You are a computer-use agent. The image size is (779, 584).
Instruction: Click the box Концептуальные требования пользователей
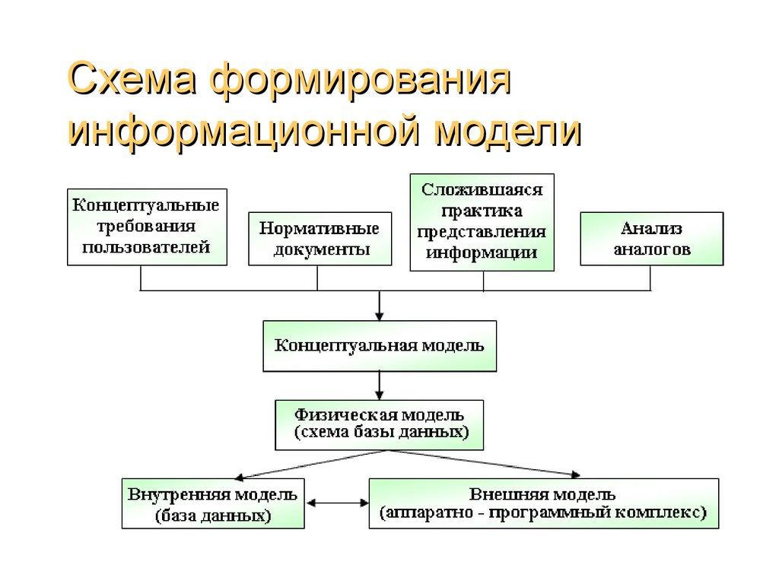pyautogui.click(x=146, y=227)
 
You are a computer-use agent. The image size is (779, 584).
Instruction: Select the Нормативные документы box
pyautogui.click(x=320, y=239)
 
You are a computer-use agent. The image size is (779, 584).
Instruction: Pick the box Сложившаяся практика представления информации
pyautogui.click(x=482, y=221)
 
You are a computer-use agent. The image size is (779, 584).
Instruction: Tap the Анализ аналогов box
pyautogui.click(x=651, y=239)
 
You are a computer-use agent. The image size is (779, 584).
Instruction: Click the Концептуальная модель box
pyautogui.click(x=379, y=345)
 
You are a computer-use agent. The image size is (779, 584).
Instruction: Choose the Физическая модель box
pyautogui.click(x=379, y=424)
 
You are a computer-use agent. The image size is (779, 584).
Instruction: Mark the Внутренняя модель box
pyautogui.click(x=213, y=503)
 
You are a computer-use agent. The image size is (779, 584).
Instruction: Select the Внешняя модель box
pyautogui.click(x=542, y=503)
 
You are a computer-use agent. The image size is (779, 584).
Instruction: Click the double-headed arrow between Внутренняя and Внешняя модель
pyautogui.click(x=336, y=503)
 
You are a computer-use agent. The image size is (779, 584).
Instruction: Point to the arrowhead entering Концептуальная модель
pyautogui.click(x=379, y=313)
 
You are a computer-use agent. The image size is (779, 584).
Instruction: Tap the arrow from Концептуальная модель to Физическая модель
pyautogui.click(x=379, y=385)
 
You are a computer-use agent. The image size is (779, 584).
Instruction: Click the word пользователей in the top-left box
pyautogui.click(x=146, y=248)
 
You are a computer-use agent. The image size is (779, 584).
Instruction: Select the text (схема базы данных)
pyautogui.click(x=379, y=433)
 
